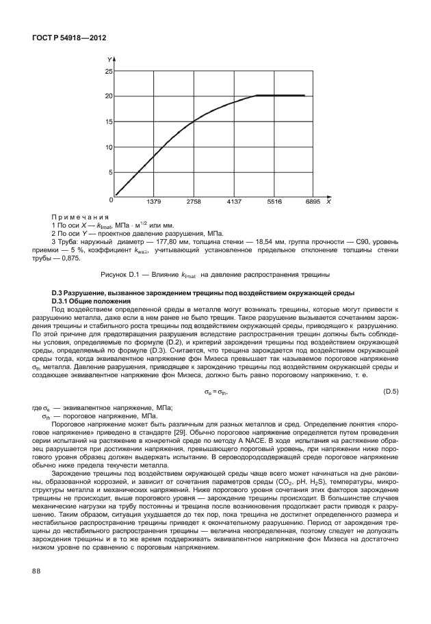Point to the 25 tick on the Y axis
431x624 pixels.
[108, 70]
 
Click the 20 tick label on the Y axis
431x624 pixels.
[108, 96]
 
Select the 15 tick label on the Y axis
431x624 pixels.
[108, 122]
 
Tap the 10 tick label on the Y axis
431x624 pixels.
[108, 147]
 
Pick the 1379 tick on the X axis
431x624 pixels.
[155, 203]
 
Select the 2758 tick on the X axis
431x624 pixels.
[194, 203]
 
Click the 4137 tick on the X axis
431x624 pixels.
[235, 203]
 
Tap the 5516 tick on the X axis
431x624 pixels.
[274, 203]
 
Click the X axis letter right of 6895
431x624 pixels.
[328, 203]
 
